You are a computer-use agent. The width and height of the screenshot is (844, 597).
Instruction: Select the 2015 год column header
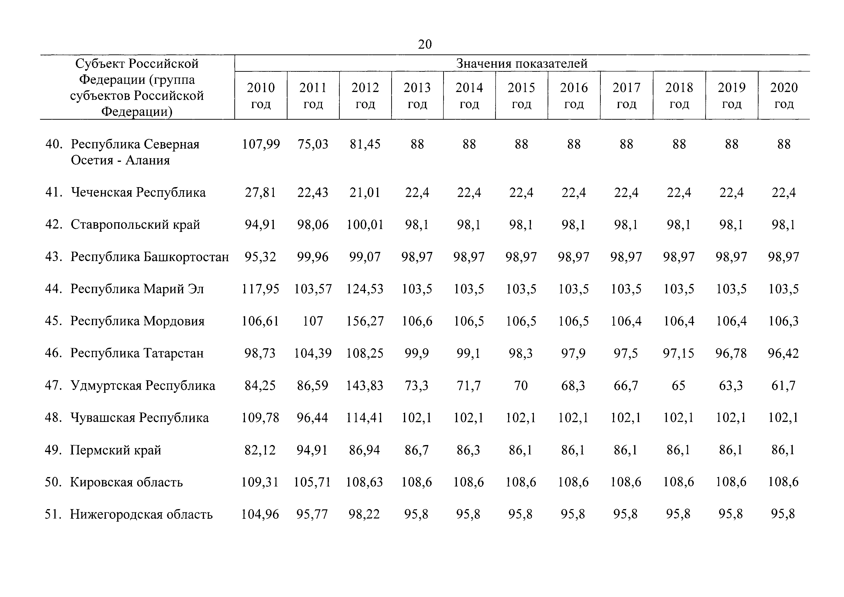[x=521, y=96]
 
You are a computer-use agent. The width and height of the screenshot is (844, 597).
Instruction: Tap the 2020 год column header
[x=784, y=96]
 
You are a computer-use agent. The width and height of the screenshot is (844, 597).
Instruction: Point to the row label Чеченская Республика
[x=138, y=192]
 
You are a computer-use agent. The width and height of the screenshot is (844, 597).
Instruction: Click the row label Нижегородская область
[x=141, y=514]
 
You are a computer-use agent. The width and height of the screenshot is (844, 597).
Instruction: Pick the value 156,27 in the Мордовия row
[x=365, y=321]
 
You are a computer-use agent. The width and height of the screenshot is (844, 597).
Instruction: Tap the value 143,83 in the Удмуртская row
[x=365, y=386]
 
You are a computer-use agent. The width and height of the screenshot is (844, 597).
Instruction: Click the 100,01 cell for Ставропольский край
[x=365, y=224]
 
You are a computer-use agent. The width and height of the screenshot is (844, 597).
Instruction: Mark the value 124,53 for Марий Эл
[x=365, y=289]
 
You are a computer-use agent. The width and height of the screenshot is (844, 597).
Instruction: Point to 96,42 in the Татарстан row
[x=783, y=353]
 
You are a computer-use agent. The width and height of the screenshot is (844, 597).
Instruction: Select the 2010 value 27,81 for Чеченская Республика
[x=260, y=192]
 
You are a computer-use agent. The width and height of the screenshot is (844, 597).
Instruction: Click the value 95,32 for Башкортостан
[x=260, y=257]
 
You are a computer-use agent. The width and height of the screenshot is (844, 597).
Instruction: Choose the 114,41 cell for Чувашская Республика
[x=365, y=418]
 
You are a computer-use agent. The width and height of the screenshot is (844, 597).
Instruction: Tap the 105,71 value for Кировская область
[x=313, y=482]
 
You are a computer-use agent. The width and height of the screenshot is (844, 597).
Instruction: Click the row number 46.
[x=53, y=353]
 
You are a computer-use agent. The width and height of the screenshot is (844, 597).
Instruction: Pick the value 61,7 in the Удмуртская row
[x=783, y=386]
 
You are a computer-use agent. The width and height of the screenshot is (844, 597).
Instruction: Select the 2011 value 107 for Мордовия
[x=313, y=321]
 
